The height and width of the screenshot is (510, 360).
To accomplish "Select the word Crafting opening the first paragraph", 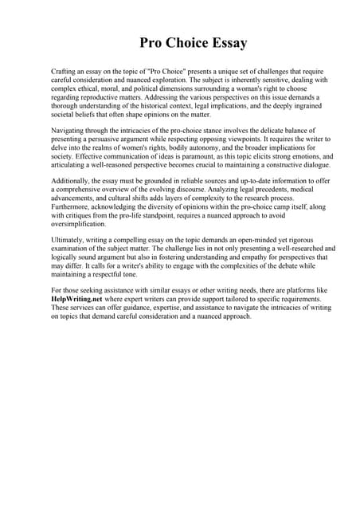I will coord(65,72).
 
